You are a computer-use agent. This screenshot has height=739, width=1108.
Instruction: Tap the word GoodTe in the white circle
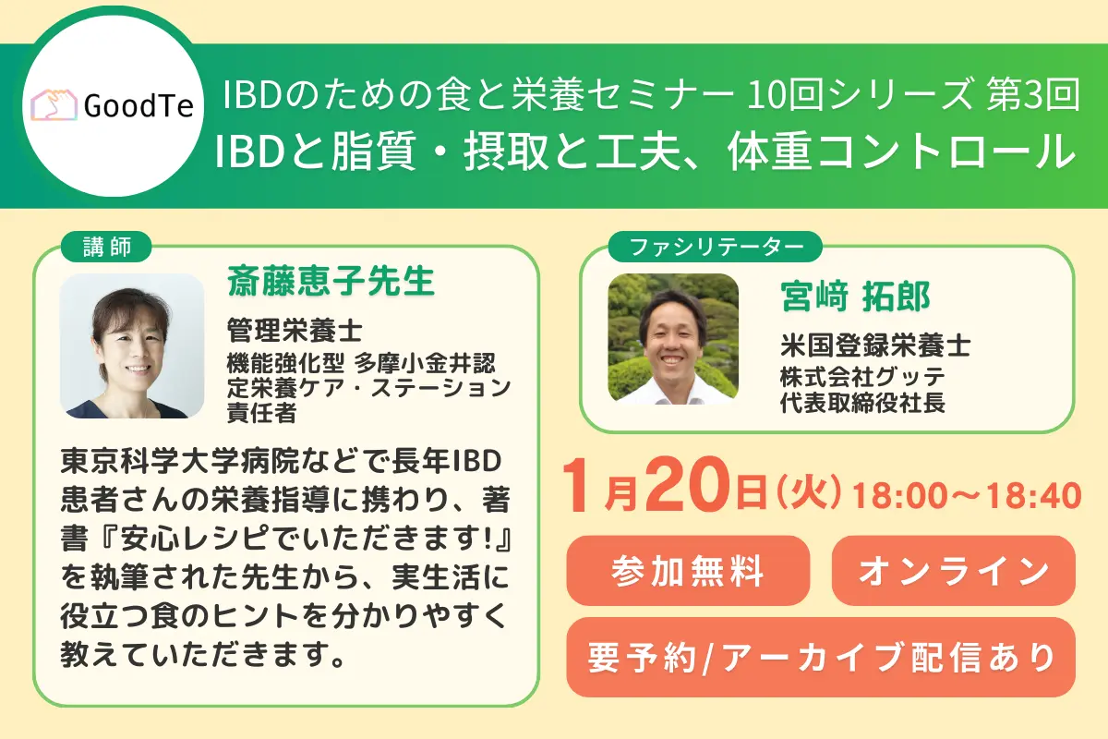pos(138,107)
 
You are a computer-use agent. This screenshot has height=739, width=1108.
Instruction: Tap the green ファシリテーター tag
pos(714,247)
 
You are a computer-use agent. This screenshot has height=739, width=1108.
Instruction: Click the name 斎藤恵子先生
pos(331,283)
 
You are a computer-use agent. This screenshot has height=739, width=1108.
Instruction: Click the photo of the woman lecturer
pos(132,345)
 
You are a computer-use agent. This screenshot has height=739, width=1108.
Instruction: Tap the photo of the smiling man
pos(673,339)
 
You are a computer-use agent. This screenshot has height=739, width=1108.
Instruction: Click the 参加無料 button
pos(688,570)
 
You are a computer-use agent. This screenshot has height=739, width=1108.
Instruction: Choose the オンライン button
pos(953,570)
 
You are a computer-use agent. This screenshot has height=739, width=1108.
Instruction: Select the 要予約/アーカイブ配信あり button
pos(821,657)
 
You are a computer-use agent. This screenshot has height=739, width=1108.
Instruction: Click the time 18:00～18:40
pos(966,496)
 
